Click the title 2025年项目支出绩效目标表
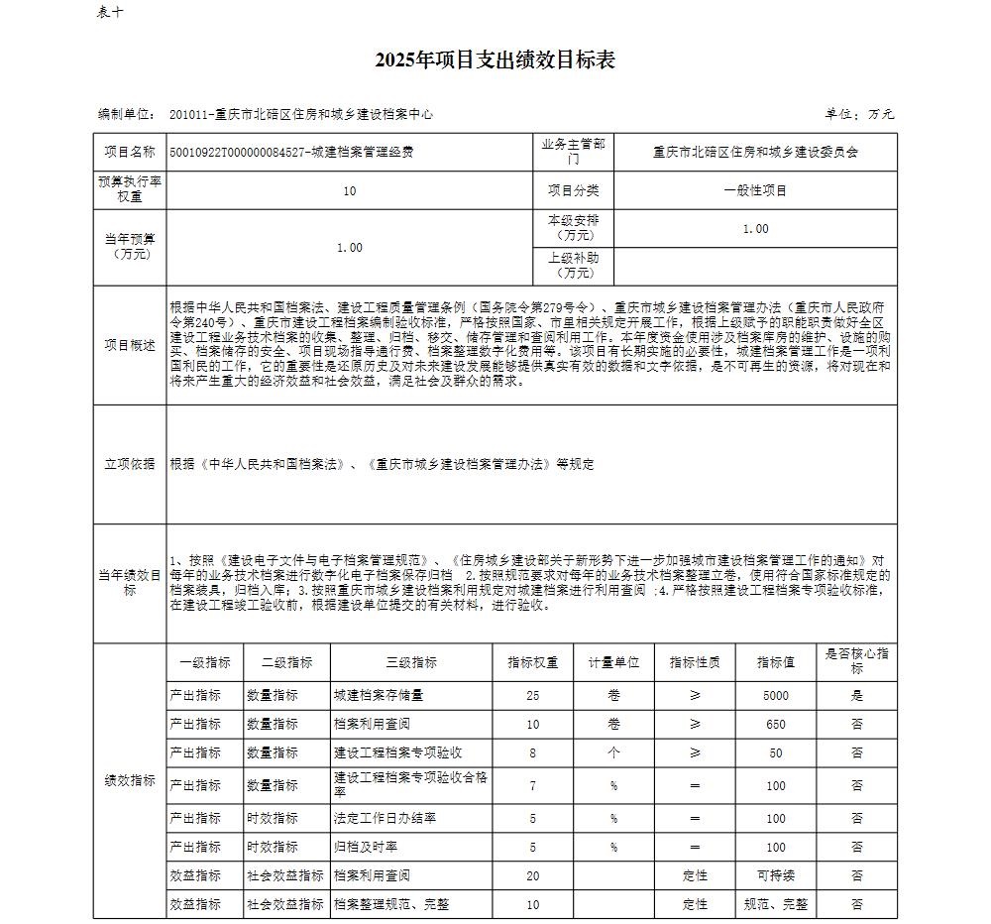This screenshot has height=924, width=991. (495, 60)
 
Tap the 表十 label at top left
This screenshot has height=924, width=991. (109, 12)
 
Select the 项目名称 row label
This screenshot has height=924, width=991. (130, 153)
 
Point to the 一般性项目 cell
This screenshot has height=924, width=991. (755, 190)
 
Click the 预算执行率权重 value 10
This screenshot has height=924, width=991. (349, 190)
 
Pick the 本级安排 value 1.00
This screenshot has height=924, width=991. (755, 229)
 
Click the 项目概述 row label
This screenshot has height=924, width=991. (130, 345)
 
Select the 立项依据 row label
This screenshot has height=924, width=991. (130, 464)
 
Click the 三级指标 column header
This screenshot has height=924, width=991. (411, 662)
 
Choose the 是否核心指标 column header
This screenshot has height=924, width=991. (856, 661)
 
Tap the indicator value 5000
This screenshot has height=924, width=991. (776, 696)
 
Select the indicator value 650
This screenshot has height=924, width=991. (776, 725)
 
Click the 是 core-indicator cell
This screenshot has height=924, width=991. (856, 696)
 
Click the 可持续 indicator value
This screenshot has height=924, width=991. (776, 876)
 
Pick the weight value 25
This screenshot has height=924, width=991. (533, 696)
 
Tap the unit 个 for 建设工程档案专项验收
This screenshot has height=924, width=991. (613, 753)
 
